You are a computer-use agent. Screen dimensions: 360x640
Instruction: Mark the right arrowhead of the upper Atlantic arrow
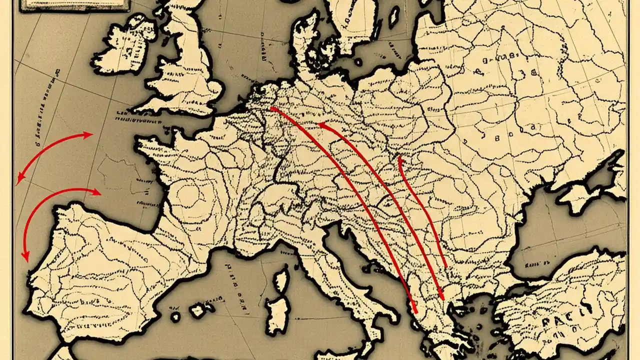pyautogui.click(x=91, y=134)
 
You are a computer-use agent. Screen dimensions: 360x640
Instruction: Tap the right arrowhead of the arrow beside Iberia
pyautogui.click(x=99, y=192)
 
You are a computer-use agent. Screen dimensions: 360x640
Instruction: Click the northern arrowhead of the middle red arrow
pyautogui.click(x=320, y=124)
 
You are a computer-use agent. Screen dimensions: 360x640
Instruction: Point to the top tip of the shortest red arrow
pyautogui.click(x=399, y=158)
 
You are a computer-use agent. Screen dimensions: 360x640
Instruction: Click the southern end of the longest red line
pyautogui.click(x=416, y=312)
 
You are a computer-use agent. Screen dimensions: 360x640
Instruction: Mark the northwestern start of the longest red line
pyautogui.click(x=271, y=107)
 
